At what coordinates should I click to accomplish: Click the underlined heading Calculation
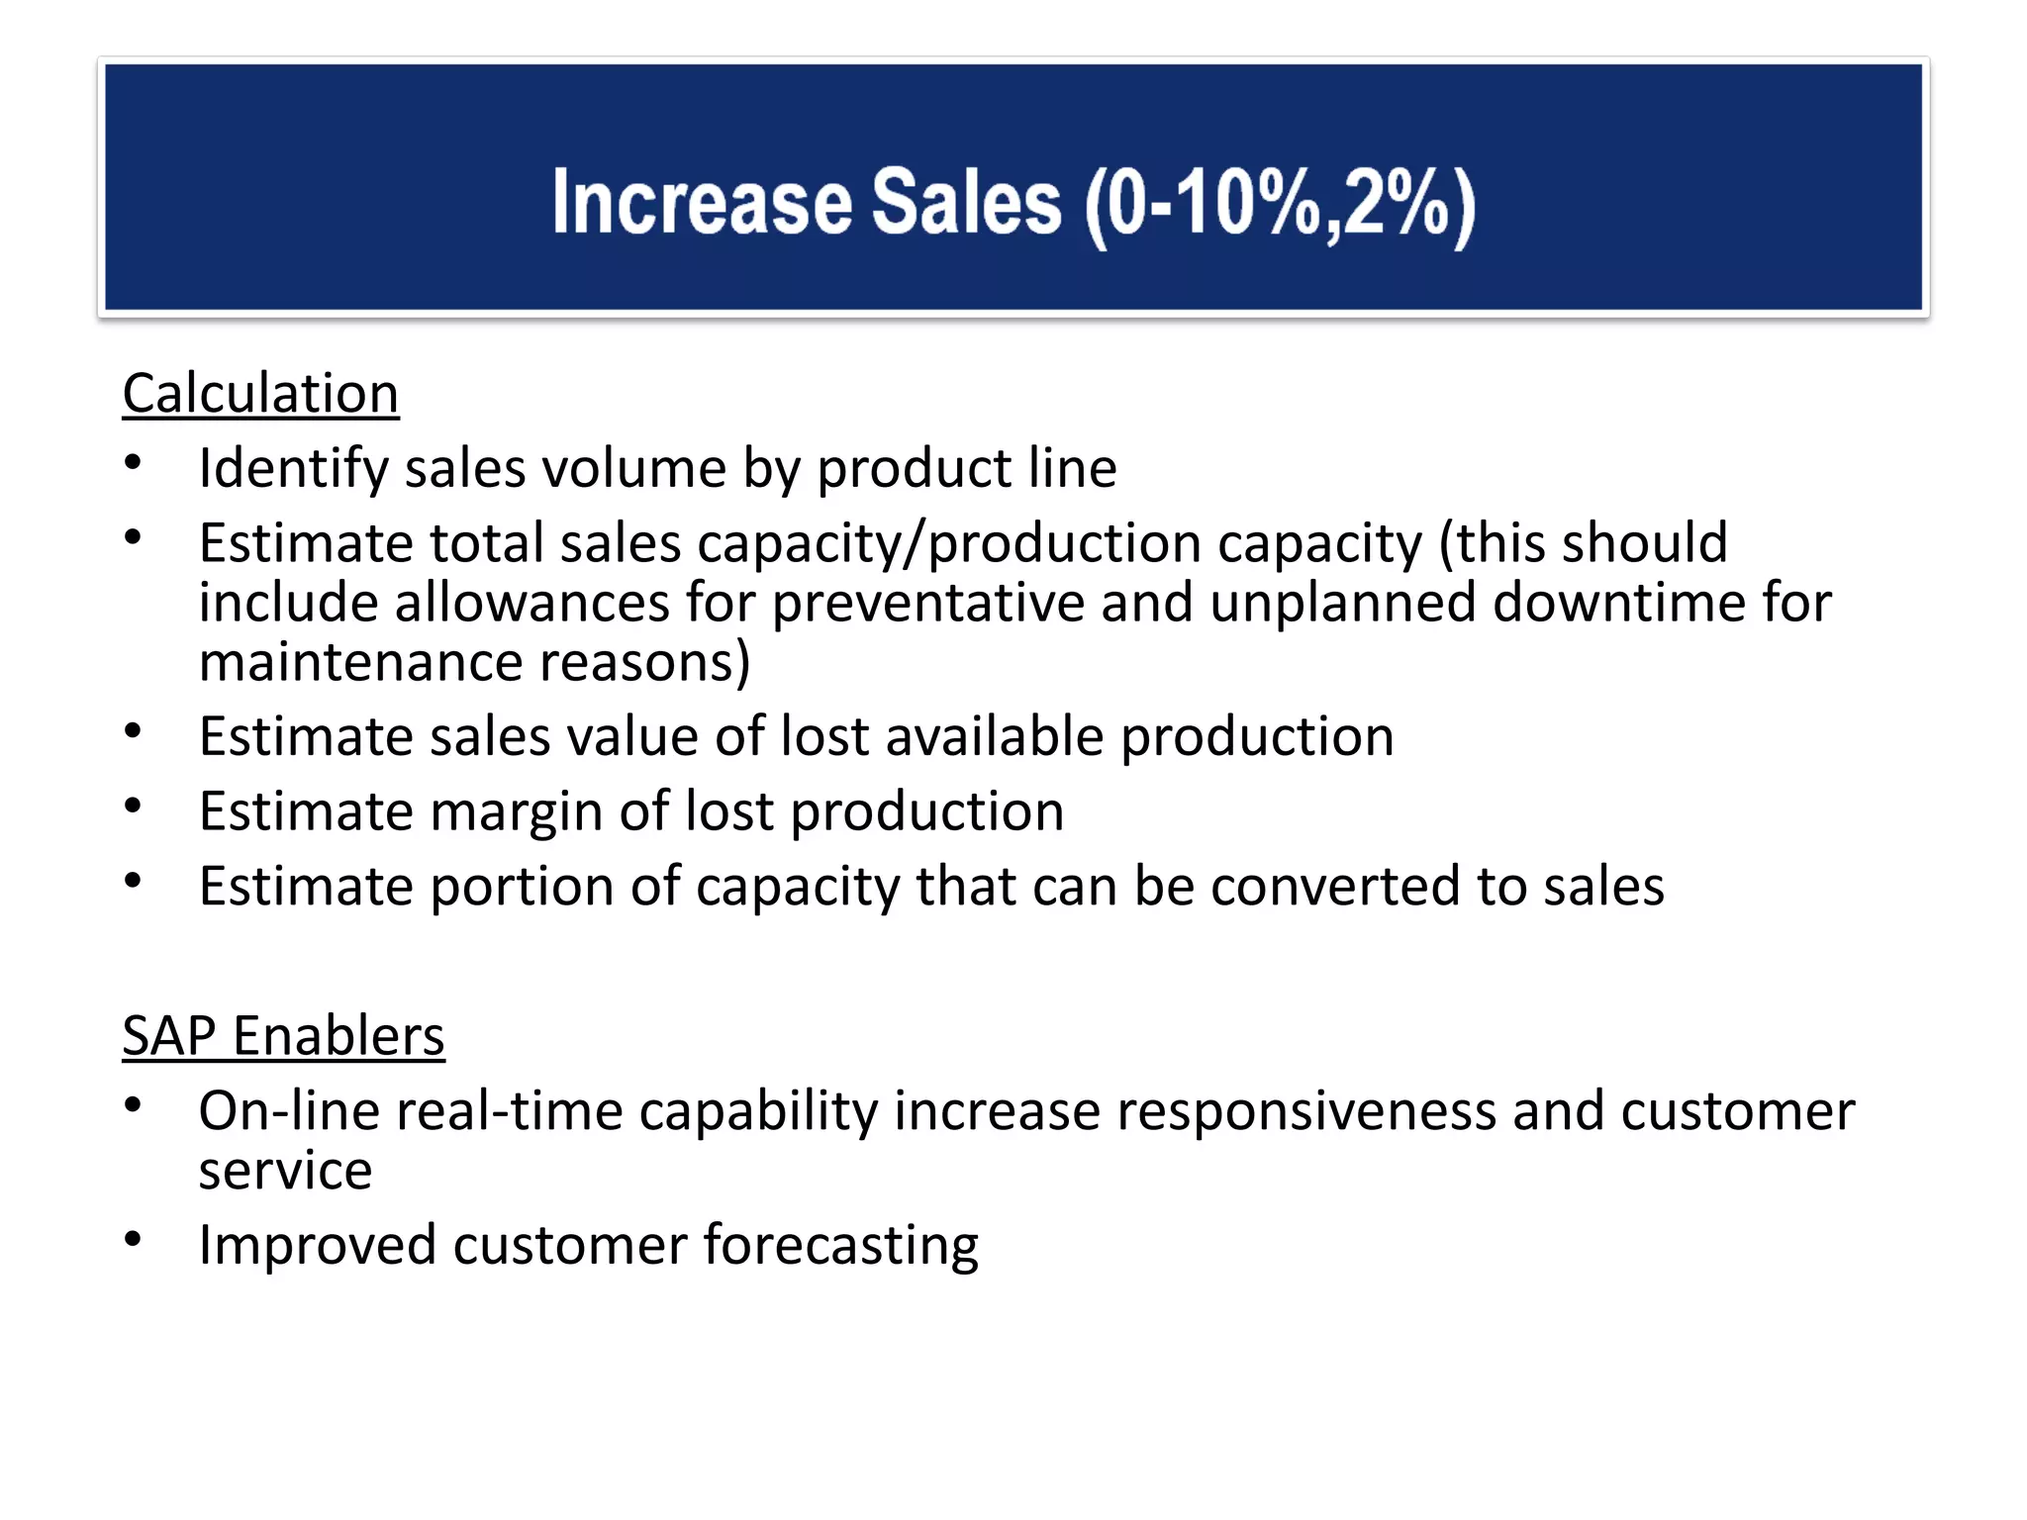260,394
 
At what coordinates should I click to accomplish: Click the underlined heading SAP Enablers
283,1036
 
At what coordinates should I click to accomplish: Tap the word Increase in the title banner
702,203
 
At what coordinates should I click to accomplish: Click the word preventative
927,604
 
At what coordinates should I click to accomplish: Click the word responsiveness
1305,1111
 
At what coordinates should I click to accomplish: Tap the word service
285,1172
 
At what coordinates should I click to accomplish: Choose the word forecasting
840,1245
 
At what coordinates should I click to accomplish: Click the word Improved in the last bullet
317,1245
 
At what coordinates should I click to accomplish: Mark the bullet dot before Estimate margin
134,806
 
